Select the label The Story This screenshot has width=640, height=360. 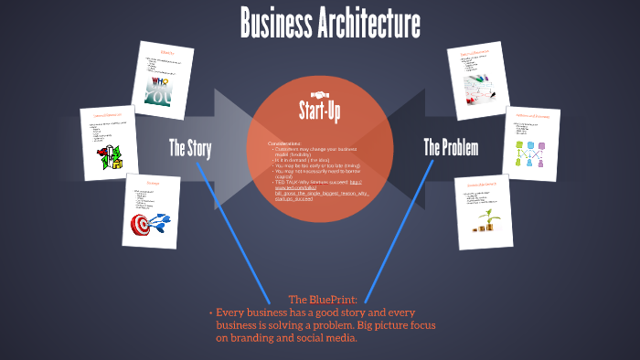190,147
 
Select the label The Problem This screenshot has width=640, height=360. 451,147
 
